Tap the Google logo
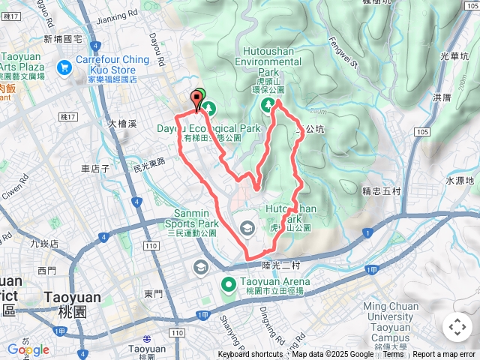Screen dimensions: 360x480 pyautogui.click(x=28, y=349)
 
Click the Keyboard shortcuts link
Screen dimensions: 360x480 pyautogui.click(x=250, y=355)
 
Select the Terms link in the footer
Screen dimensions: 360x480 pyautogui.click(x=393, y=355)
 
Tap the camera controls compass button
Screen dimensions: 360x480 pyautogui.click(x=457, y=327)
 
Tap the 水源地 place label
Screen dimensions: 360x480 pyautogui.click(x=460, y=181)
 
